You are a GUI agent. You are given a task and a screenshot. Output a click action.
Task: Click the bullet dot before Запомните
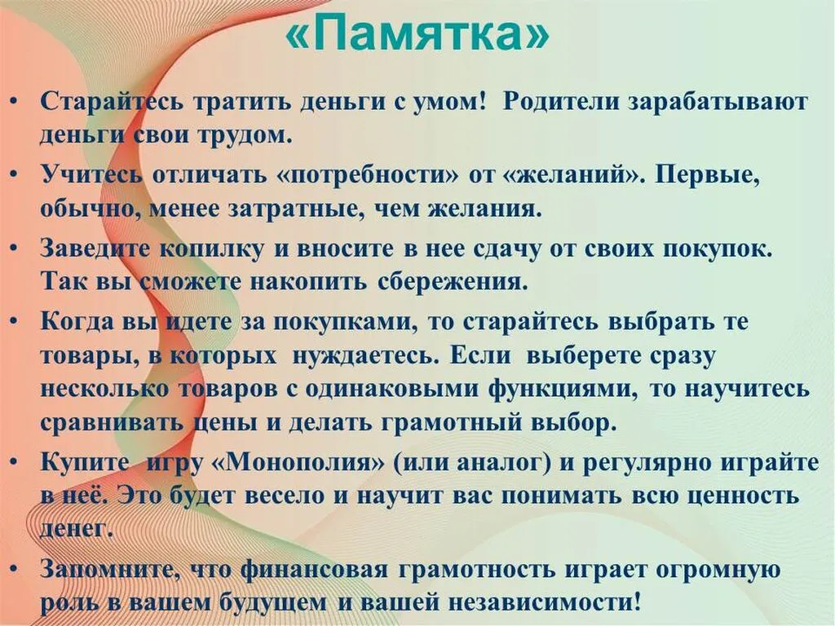tap(17, 570)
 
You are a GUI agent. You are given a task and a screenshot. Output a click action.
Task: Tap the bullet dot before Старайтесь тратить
tap(17, 104)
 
